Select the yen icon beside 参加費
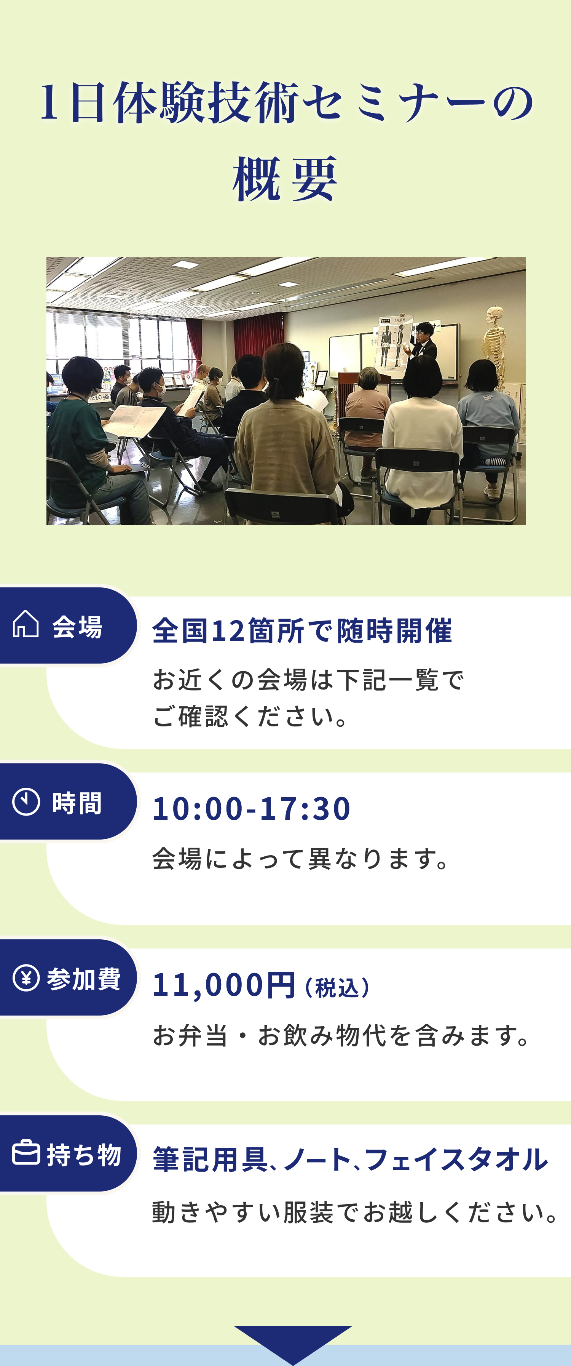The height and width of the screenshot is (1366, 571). click(x=26, y=977)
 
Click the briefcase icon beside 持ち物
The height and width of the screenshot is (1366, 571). click(x=26, y=1152)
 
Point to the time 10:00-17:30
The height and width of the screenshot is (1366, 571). click(x=251, y=808)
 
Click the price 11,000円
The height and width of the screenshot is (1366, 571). click(x=223, y=985)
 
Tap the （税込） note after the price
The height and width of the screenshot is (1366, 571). click(x=337, y=987)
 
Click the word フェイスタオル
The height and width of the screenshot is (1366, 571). click(x=456, y=1159)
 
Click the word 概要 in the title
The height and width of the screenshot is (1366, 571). click(x=285, y=178)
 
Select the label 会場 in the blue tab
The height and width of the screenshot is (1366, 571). click(x=77, y=626)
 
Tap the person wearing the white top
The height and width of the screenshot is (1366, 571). click(x=422, y=435)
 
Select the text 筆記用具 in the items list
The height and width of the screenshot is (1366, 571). click(x=210, y=1159)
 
